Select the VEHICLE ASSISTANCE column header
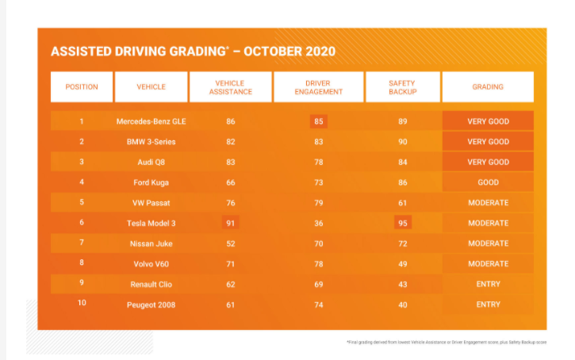230,87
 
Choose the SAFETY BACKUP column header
402,87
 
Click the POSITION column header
82,87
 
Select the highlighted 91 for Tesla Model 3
230,223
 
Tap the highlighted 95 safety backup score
402,223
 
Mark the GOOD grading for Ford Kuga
488,182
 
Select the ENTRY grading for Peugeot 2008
488,304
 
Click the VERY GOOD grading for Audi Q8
488,162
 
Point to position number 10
82,304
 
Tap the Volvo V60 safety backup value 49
402,263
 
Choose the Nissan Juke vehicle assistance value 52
230,243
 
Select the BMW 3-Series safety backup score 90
402,142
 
